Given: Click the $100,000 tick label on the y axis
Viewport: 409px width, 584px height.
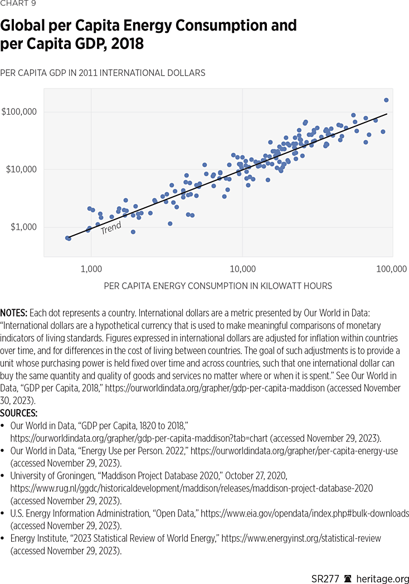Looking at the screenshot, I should click(20, 111).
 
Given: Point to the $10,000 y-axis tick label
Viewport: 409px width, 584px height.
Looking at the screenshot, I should click(22, 169).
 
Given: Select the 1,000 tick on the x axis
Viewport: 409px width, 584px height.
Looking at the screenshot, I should click(91, 269).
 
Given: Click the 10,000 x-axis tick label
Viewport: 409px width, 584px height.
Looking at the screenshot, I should click(242, 269).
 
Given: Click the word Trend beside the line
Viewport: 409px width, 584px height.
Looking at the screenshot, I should click(111, 228).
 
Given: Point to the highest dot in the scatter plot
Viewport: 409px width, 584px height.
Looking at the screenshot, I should click(386, 100).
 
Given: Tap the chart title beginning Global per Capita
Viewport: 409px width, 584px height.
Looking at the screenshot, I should click(148, 34).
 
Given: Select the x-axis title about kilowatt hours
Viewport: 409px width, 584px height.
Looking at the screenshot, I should click(218, 286).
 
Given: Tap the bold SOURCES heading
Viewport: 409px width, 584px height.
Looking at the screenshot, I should click(19, 413).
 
